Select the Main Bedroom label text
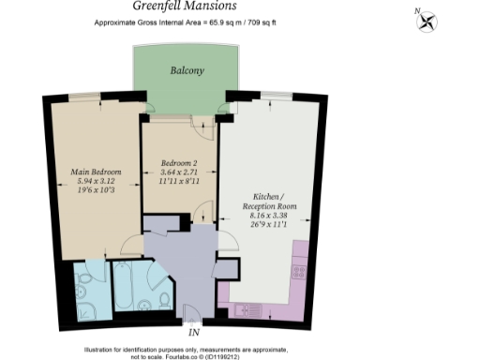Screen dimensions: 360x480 [94, 172]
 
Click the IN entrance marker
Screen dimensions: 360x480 [194, 333]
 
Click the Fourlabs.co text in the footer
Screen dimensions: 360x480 [200, 356]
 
